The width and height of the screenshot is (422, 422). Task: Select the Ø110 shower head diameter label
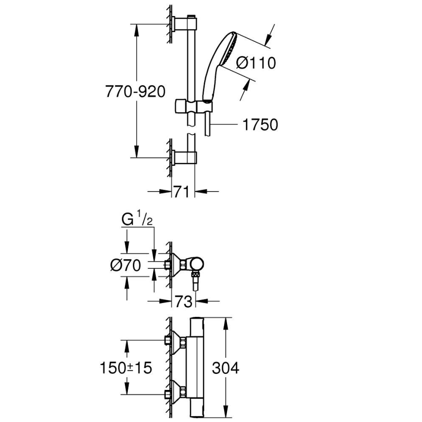tap(256, 63)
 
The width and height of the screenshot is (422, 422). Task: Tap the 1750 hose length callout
tap(260, 124)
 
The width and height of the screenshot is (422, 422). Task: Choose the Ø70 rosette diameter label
tap(125, 265)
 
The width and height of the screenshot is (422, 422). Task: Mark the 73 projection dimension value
tap(183, 302)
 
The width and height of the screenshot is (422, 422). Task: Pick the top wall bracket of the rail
tap(184, 22)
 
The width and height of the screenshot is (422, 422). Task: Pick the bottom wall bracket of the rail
tap(184, 158)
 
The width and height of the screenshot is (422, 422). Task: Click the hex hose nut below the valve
tap(195, 281)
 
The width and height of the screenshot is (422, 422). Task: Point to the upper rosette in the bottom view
tap(178, 341)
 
